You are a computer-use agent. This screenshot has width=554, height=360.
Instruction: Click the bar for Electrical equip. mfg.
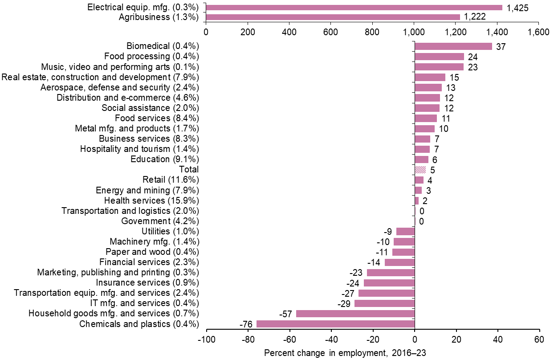[x=354, y=8]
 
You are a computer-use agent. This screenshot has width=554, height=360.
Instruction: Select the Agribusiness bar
[x=333, y=17]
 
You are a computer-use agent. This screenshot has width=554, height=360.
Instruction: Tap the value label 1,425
[x=517, y=8]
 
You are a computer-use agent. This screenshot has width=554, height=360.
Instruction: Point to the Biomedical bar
[x=453, y=46]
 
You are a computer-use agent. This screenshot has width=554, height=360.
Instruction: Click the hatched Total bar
[x=420, y=170]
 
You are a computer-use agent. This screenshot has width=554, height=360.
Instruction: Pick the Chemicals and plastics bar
[x=335, y=324]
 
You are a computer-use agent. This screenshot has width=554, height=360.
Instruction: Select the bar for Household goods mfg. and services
[x=355, y=314]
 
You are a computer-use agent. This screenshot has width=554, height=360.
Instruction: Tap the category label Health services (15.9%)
[x=151, y=200]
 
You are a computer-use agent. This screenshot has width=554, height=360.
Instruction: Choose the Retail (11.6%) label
[x=171, y=180]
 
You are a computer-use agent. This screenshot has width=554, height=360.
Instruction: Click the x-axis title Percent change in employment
[x=345, y=353]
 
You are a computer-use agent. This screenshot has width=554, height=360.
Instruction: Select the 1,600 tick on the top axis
[x=538, y=33]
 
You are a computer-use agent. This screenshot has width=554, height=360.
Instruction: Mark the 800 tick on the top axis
[x=372, y=33]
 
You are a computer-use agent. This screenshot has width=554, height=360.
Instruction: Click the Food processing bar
[x=439, y=57]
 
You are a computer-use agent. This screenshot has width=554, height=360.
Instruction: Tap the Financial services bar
[x=399, y=262]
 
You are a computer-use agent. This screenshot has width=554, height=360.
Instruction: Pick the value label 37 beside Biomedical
[x=501, y=46]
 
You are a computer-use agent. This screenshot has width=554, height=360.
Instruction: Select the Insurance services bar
[x=389, y=283]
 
